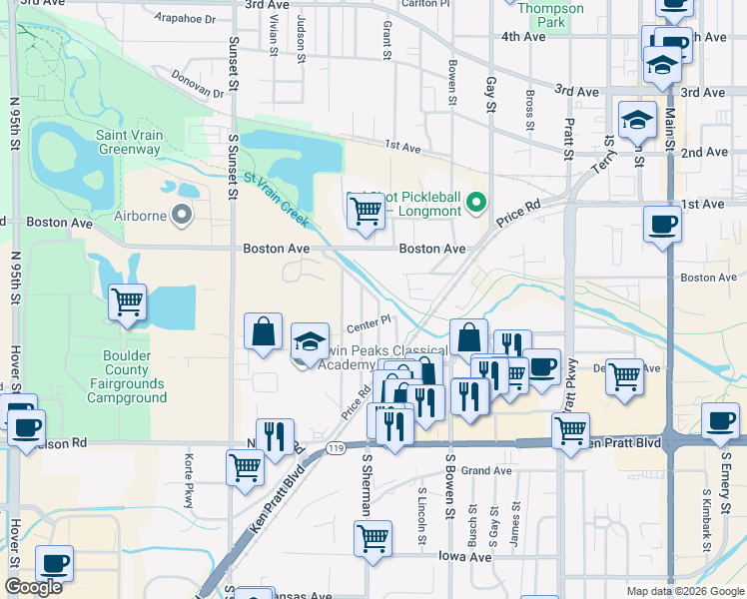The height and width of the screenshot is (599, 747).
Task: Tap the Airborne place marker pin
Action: click(x=181, y=214)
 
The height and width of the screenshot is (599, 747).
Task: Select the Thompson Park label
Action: click(x=550, y=14)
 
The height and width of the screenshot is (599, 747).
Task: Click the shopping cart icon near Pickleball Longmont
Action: click(x=366, y=211)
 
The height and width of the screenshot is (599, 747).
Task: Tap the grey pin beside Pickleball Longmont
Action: click(x=476, y=204)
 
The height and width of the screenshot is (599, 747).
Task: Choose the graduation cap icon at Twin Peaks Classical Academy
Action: click(x=310, y=339)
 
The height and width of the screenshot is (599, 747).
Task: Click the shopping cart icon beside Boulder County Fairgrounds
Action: click(x=128, y=300)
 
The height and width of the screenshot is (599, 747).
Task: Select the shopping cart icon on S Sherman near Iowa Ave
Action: click(x=373, y=538)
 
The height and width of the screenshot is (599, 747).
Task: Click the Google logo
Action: click(x=34, y=587)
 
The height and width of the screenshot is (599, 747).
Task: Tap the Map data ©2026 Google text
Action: click(x=685, y=591)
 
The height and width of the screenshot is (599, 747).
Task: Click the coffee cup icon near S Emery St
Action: click(x=720, y=420)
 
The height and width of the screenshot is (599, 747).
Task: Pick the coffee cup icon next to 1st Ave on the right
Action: click(x=661, y=223)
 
